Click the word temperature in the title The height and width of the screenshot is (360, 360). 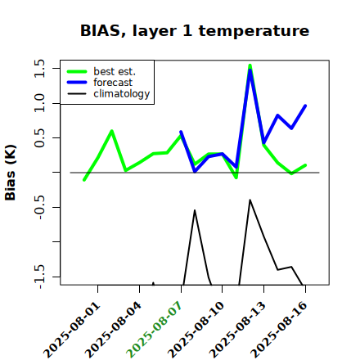point(254,31)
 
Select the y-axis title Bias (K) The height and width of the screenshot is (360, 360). point(11,173)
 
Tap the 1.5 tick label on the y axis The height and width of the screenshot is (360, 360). point(39,68)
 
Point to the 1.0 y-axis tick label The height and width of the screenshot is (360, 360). point(39,103)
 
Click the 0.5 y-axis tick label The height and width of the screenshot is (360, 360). point(39,138)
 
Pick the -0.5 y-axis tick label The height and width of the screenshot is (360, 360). point(39,208)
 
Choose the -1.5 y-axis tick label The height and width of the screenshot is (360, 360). point(39,277)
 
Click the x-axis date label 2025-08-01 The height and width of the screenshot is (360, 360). point(72,330)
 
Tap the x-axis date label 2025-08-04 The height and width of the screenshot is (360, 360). point(114,330)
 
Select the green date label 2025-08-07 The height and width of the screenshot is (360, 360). point(155,330)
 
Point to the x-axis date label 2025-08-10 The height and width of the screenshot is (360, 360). point(196,330)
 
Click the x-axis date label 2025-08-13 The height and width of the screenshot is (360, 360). point(237,330)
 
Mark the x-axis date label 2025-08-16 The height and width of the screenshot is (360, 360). point(279,330)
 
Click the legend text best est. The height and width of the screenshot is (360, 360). point(115,71)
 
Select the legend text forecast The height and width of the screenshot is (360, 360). point(113,83)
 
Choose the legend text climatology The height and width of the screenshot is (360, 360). point(122,94)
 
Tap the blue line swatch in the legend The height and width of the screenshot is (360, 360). point(77,83)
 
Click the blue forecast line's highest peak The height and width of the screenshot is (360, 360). point(250,70)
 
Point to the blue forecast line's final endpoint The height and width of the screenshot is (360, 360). point(305,106)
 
